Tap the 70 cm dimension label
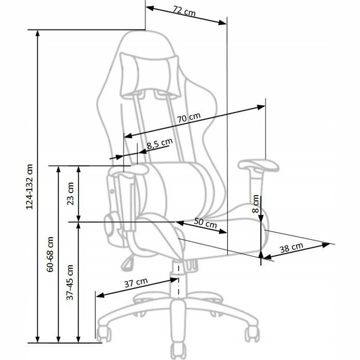click(189, 118)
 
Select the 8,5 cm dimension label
click(159, 144)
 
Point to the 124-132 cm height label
click(30, 186)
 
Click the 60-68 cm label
click(50, 255)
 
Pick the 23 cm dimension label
click(70, 194)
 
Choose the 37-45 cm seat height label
click(70, 282)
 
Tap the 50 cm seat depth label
click(205, 223)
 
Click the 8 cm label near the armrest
click(256, 204)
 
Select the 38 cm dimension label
click(291, 248)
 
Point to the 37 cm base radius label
click(136, 283)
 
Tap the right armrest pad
click(258, 165)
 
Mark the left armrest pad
click(129, 170)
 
